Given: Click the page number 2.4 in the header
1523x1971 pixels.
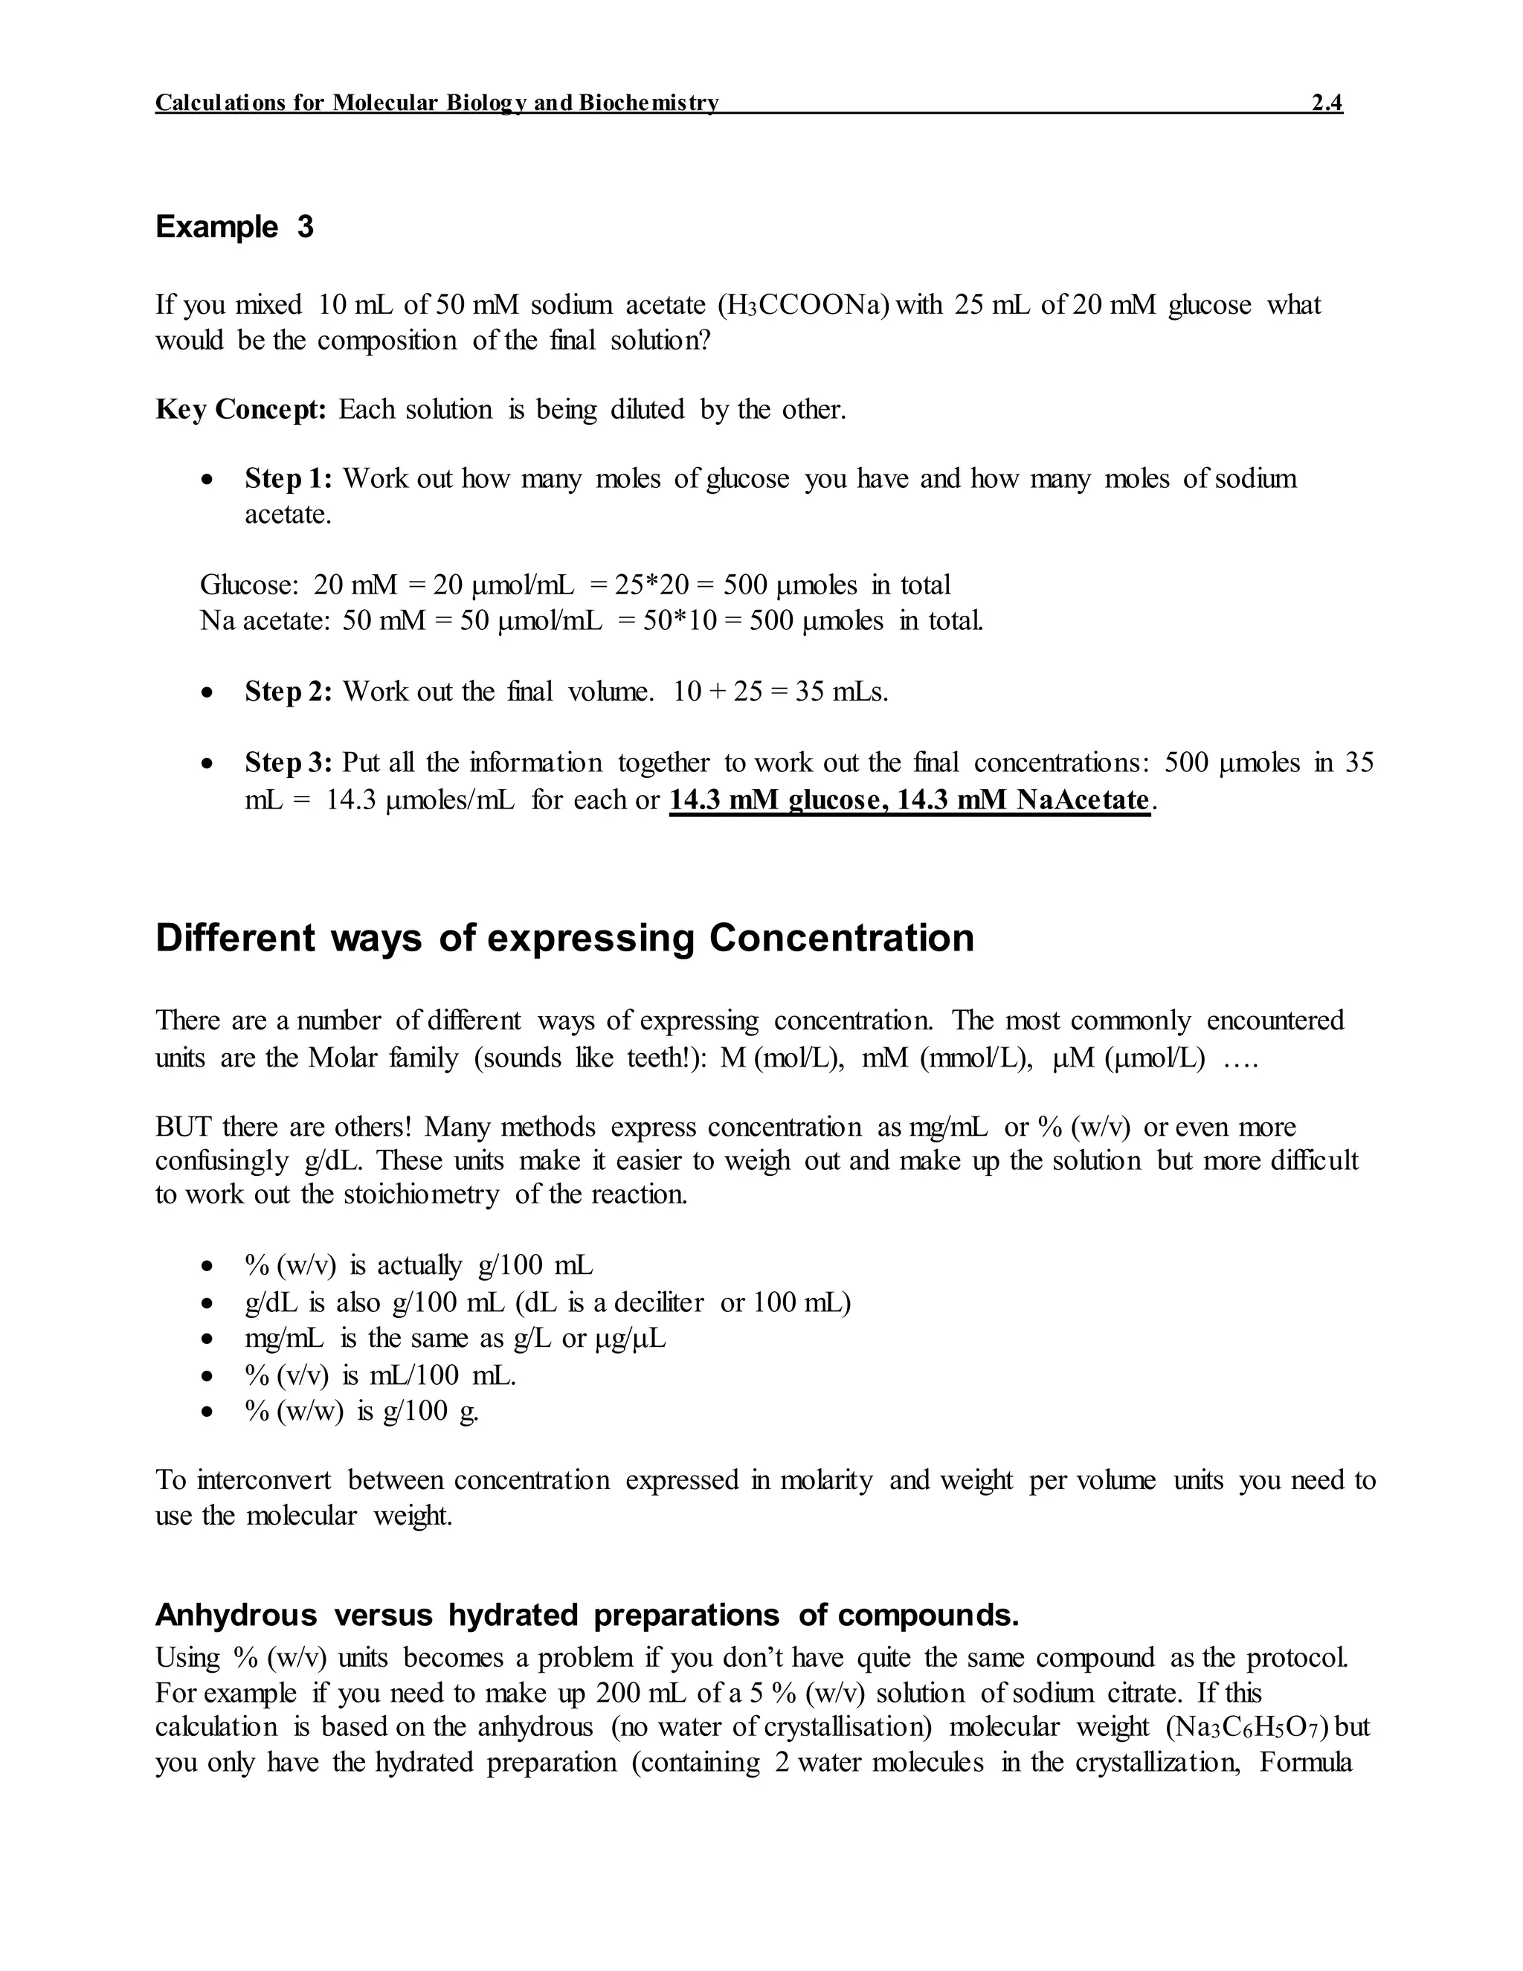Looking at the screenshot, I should pos(1327,103).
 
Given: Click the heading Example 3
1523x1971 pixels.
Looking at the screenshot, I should pos(234,227).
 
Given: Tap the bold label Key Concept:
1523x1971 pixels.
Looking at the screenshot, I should pos(240,410).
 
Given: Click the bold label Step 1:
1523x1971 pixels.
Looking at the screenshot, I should pos(289,478).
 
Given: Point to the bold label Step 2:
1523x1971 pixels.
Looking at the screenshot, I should pos(289,692).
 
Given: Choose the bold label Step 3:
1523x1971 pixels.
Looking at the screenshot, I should pos(289,764).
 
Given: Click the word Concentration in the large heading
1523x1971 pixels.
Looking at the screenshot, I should pos(841,939).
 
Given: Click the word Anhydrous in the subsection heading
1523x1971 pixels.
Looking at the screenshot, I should pos(236,1615).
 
